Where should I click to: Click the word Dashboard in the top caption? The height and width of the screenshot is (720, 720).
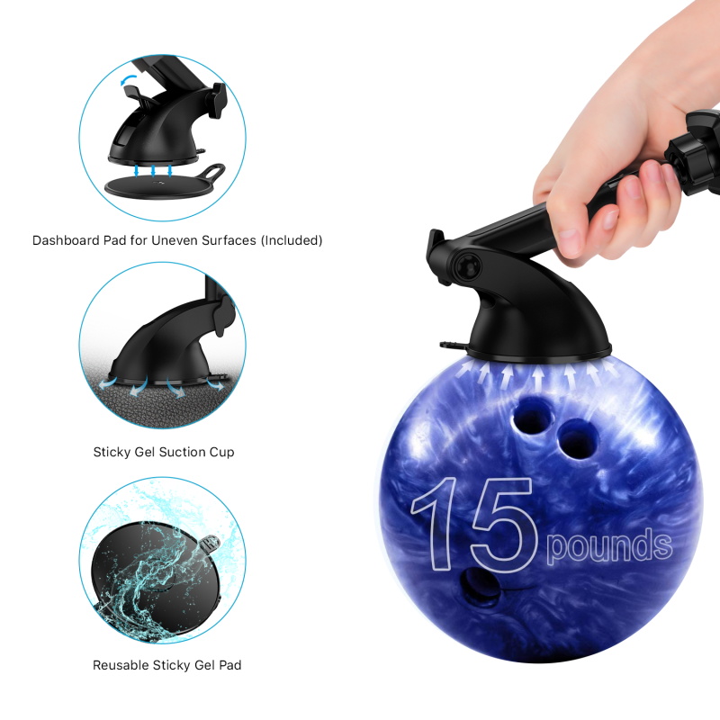(66, 240)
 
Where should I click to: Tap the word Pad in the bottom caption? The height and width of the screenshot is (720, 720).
(229, 665)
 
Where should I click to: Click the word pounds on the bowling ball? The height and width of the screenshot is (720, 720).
(609, 546)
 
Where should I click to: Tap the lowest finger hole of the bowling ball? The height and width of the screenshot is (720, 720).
(481, 587)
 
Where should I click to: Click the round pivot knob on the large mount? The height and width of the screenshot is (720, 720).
(467, 265)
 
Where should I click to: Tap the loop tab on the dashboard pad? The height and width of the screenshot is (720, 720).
(212, 171)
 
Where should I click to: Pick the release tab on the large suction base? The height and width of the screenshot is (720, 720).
(453, 345)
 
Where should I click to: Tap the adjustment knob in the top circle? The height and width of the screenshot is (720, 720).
(219, 97)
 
